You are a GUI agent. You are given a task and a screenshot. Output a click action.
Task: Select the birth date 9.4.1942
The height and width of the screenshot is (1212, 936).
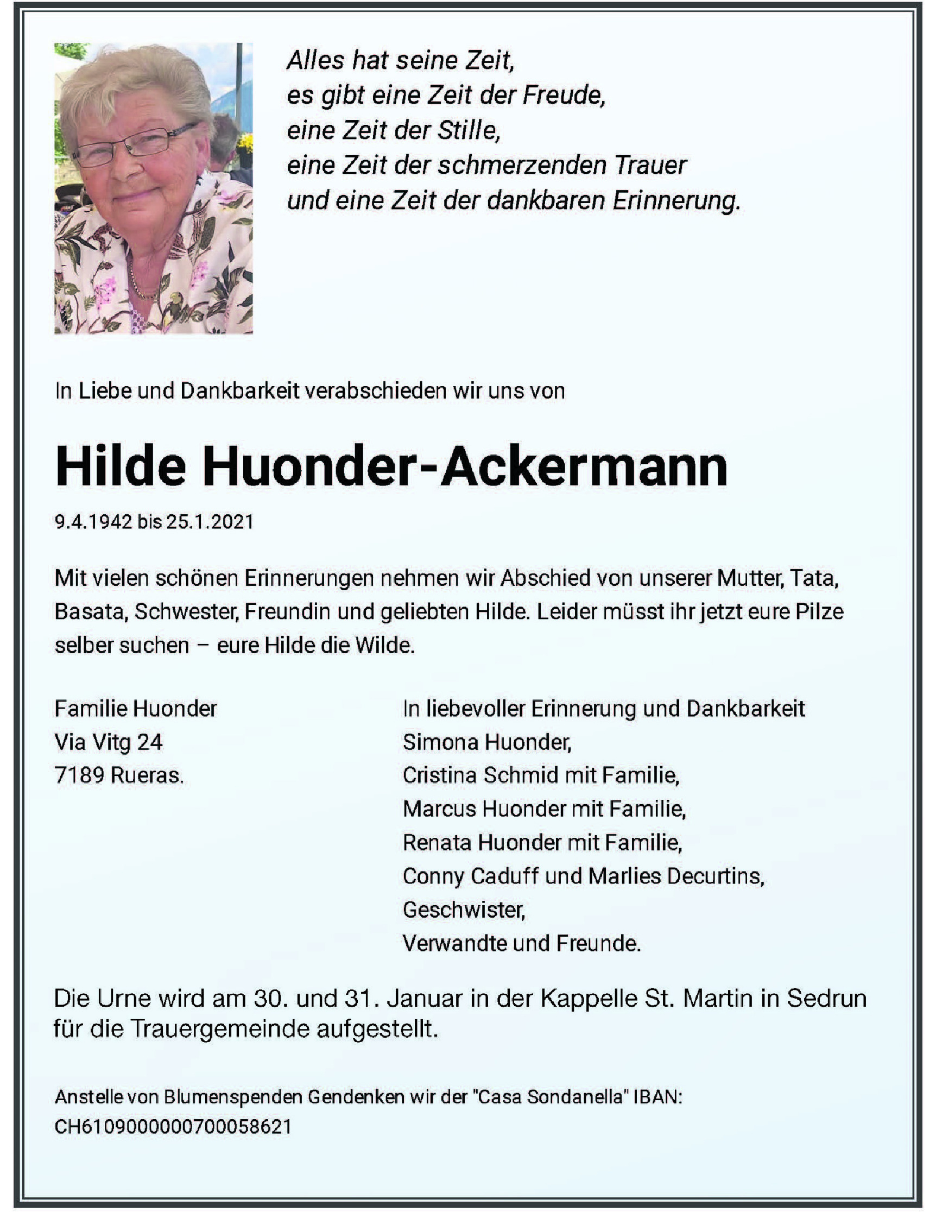(x=93, y=522)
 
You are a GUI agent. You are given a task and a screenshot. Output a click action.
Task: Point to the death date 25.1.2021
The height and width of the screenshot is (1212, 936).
(x=210, y=522)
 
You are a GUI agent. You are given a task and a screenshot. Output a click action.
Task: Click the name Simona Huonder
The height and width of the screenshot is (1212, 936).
(x=486, y=742)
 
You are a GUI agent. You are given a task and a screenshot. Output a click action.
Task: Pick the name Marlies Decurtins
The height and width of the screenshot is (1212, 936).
(x=675, y=876)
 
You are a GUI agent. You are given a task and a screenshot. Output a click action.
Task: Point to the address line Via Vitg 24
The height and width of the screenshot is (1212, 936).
(x=108, y=742)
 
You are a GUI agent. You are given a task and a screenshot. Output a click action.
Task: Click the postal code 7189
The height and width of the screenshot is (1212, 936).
(x=79, y=775)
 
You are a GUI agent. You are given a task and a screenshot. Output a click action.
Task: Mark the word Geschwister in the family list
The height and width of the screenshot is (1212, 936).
(x=463, y=910)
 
